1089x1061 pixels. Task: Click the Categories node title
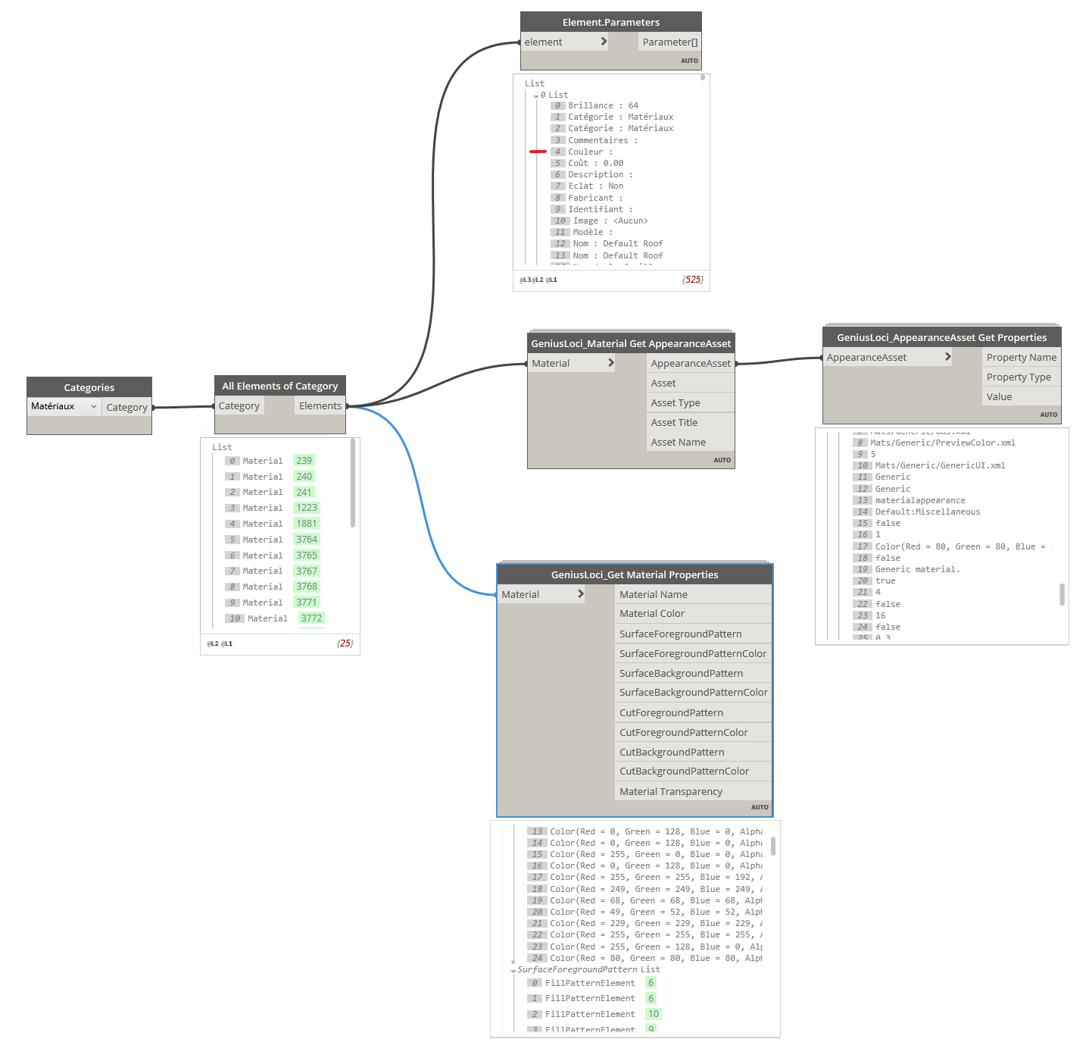(x=89, y=387)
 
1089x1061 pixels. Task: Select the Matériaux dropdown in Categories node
(x=64, y=406)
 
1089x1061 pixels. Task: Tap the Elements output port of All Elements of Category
(x=320, y=405)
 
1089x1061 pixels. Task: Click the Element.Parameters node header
(x=610, y=22)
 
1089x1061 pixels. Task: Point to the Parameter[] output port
(x=669, y=42)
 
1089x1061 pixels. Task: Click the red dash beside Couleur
(x=538, y=152)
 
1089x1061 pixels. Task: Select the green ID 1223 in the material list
(x=307, y=508)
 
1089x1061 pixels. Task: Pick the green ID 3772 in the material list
(x=311, y=618)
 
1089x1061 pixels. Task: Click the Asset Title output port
(x=674, y=422)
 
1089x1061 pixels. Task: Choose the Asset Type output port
(x=676, y=402)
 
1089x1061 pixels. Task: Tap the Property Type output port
(x=1019, y=377)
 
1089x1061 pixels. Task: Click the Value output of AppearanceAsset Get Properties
(x=999, y=396)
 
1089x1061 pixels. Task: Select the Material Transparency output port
(x=670, y=791)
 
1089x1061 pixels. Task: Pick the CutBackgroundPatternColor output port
(x=684, y=771)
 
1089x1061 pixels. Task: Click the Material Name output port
(x=653, y=594)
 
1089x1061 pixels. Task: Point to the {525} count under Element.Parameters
(x=693, y=280)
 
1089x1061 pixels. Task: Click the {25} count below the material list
(x=345, y=643)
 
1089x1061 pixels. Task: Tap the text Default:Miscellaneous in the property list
(x=928, y=512)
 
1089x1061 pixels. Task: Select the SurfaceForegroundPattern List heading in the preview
(x=588, y=969)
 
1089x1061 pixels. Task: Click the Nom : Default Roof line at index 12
(x=617, y=243)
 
